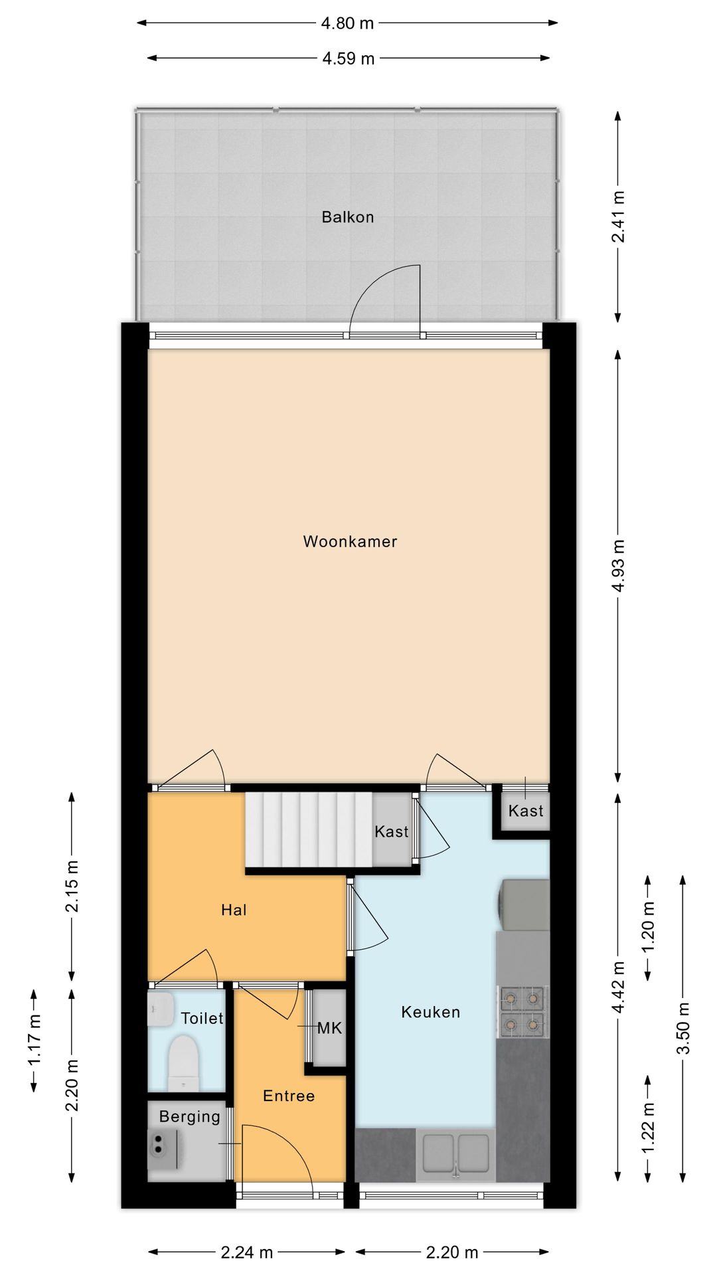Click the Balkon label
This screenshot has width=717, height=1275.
point(347,217)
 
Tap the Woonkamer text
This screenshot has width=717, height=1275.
point(350,541)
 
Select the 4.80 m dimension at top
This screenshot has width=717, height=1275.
point(347,24)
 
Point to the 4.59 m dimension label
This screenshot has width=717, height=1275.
point(348,59)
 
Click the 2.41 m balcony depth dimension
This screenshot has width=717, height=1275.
point(618,216)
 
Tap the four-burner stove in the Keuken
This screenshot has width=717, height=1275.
point(522,1011)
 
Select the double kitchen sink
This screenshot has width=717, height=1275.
point(455,1153)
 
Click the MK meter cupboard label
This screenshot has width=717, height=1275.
point(329,1029)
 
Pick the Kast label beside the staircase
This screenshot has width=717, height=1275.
point(391,831)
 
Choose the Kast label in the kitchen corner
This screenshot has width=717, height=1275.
point(526,811)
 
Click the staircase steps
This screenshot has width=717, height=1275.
point(309,831)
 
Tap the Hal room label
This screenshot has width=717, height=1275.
point(234,910)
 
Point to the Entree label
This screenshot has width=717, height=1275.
point(289,1096)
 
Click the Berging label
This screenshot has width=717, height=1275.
point(189,1117)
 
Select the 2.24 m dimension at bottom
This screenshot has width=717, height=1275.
point(246,1253)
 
